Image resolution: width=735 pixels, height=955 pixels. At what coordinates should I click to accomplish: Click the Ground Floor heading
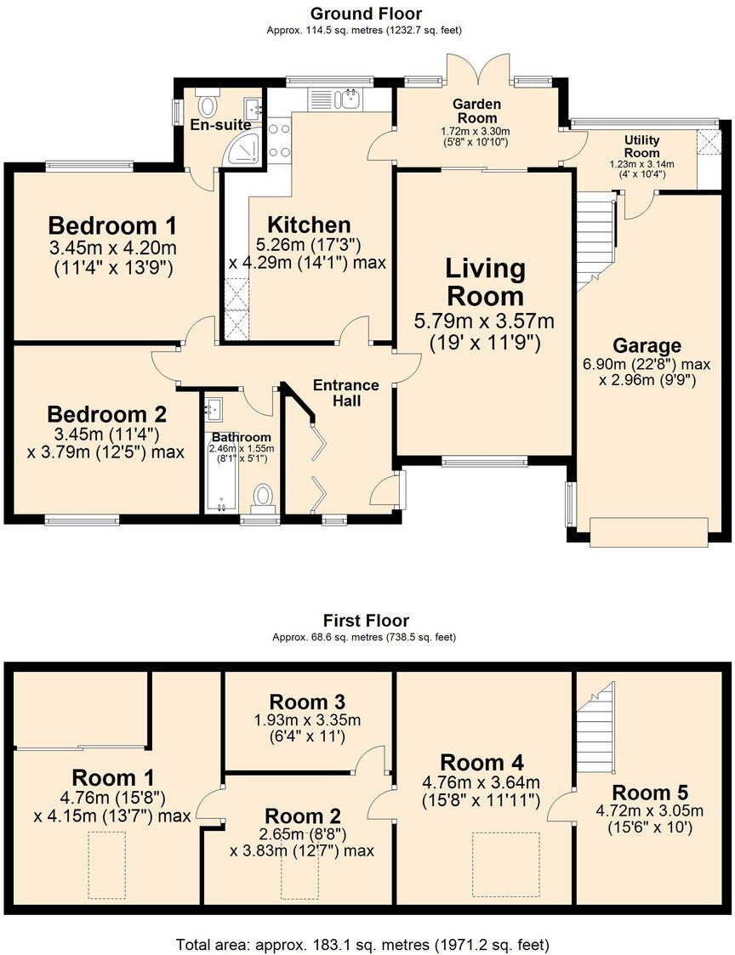(x=366, y=14)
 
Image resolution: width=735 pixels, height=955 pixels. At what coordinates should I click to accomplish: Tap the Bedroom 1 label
(x=112, y=226)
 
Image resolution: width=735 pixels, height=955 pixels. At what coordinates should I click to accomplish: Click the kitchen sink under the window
(x=350, y=100)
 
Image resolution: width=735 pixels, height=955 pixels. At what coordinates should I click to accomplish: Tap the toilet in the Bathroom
(x=265, y=495)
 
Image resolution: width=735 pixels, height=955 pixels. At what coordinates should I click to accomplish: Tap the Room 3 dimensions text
(x=307, y=728)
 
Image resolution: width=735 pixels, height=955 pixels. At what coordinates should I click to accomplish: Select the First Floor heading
(x=366, y=621)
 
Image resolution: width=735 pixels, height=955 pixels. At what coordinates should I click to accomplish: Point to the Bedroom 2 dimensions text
(x=106, y=444)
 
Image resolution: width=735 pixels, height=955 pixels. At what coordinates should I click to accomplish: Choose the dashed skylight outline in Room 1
(x=107, y=865)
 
